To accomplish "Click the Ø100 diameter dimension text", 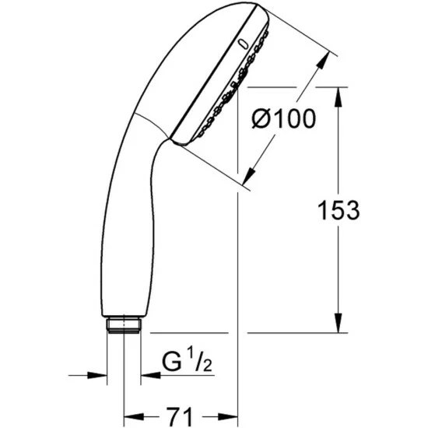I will pos(283,119).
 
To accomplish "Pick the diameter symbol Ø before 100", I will pos(262,119).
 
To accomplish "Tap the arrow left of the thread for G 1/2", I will pos(97,375).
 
